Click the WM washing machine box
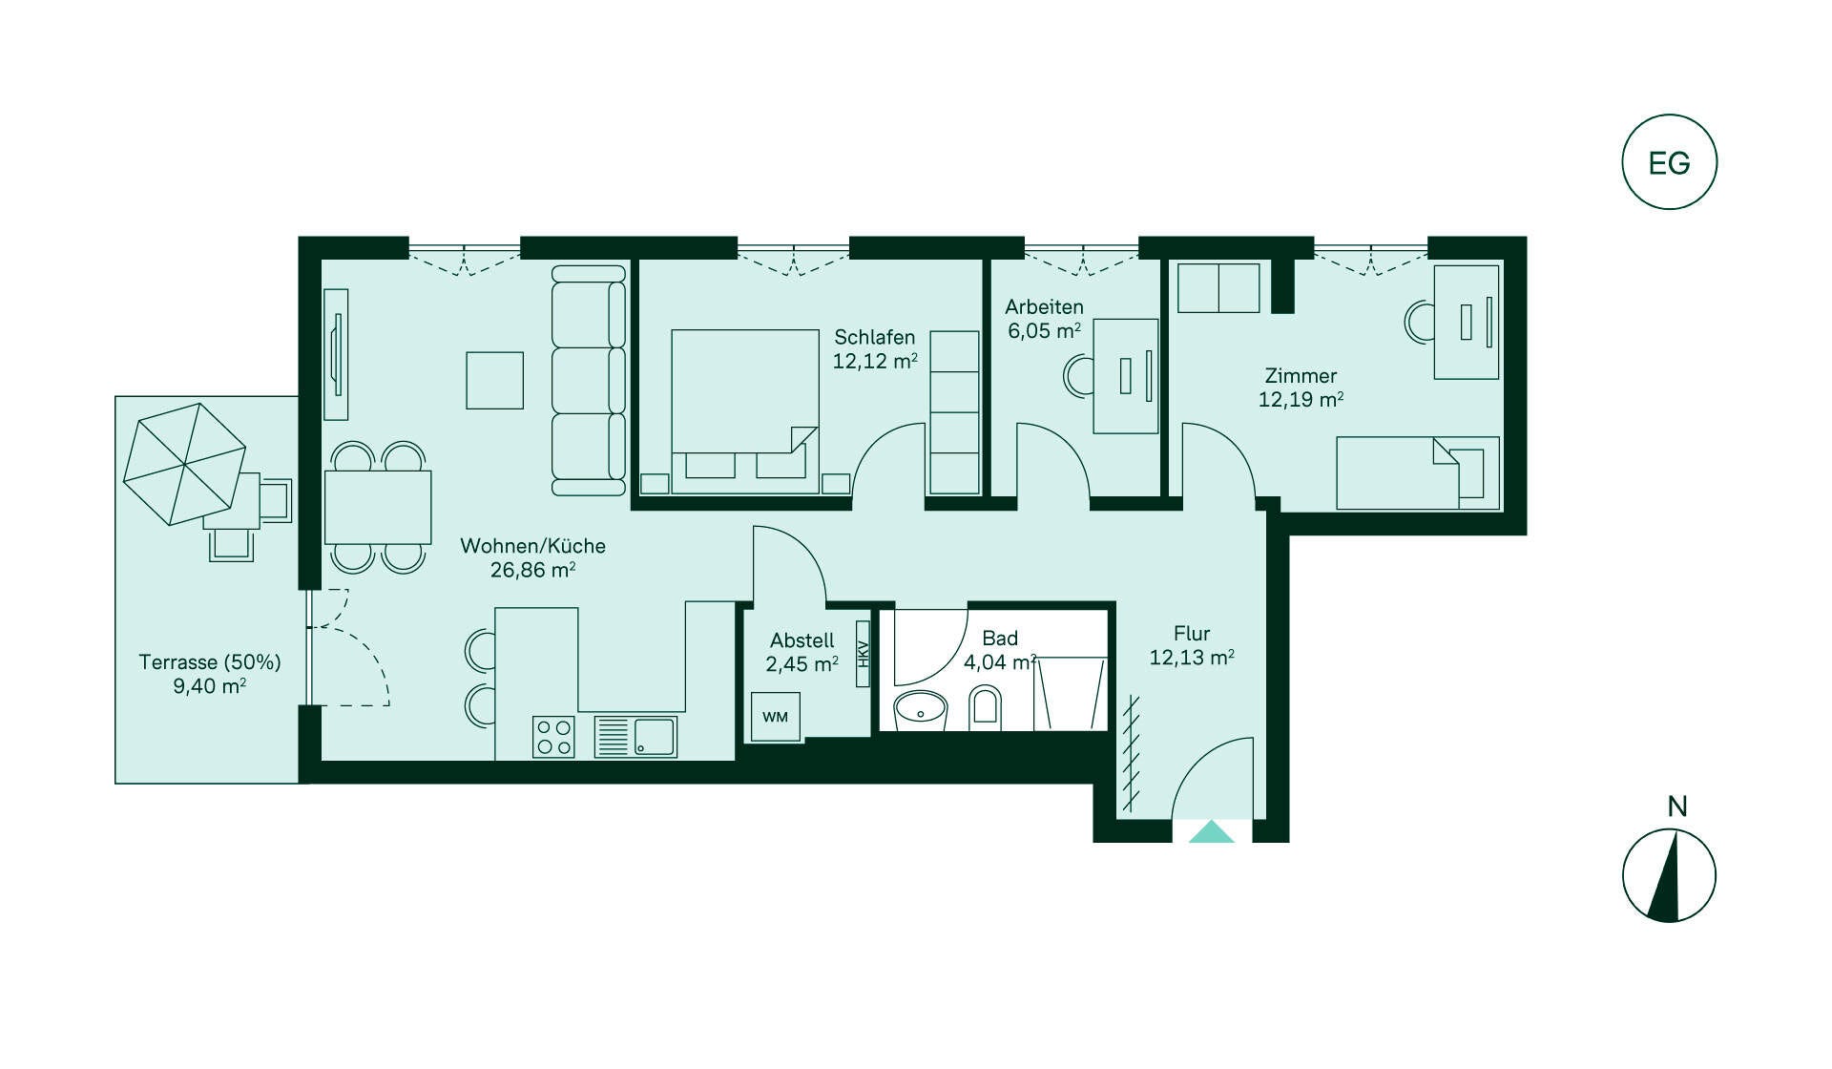(775, 717)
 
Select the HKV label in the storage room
(863, 654)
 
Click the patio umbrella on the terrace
(184, 464)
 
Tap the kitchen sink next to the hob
(635, 737)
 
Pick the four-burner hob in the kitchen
(553, 737)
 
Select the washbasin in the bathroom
(920, 710)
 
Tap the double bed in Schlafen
(745, 411)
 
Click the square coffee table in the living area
(494, 380)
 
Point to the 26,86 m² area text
(532, 570)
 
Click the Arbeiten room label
(1044, 306)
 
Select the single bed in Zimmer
(1418, 473)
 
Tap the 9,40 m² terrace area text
(209, 685)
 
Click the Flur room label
(1192, 633)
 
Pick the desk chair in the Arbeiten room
(1079, 374)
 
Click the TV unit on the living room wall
(335, 354)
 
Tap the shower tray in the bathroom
(1070, 694)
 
